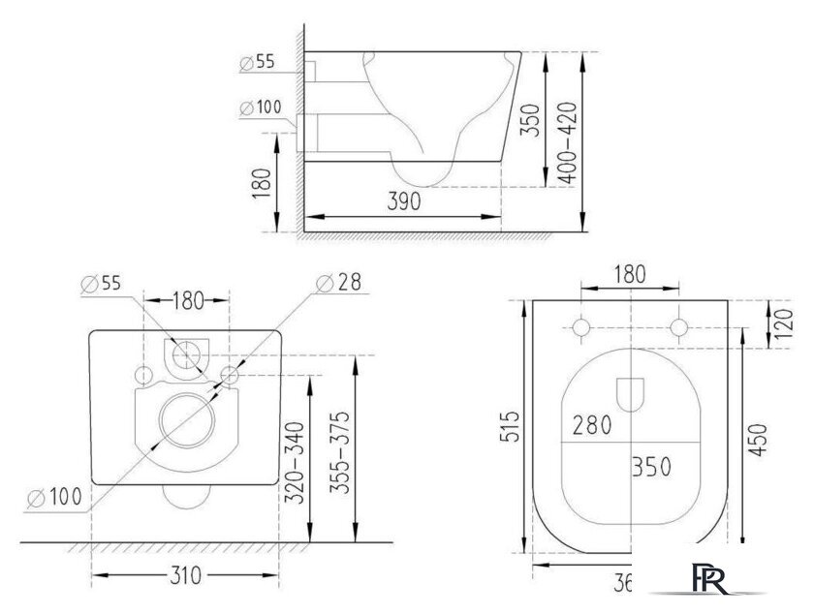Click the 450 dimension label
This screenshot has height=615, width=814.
[760, 443]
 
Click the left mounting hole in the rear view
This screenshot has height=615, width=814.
[142, 375]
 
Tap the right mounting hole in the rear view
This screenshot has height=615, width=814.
[229, 375]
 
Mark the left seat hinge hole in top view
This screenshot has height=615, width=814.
[581, 327]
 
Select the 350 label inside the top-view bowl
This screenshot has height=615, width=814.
[652, 466]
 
